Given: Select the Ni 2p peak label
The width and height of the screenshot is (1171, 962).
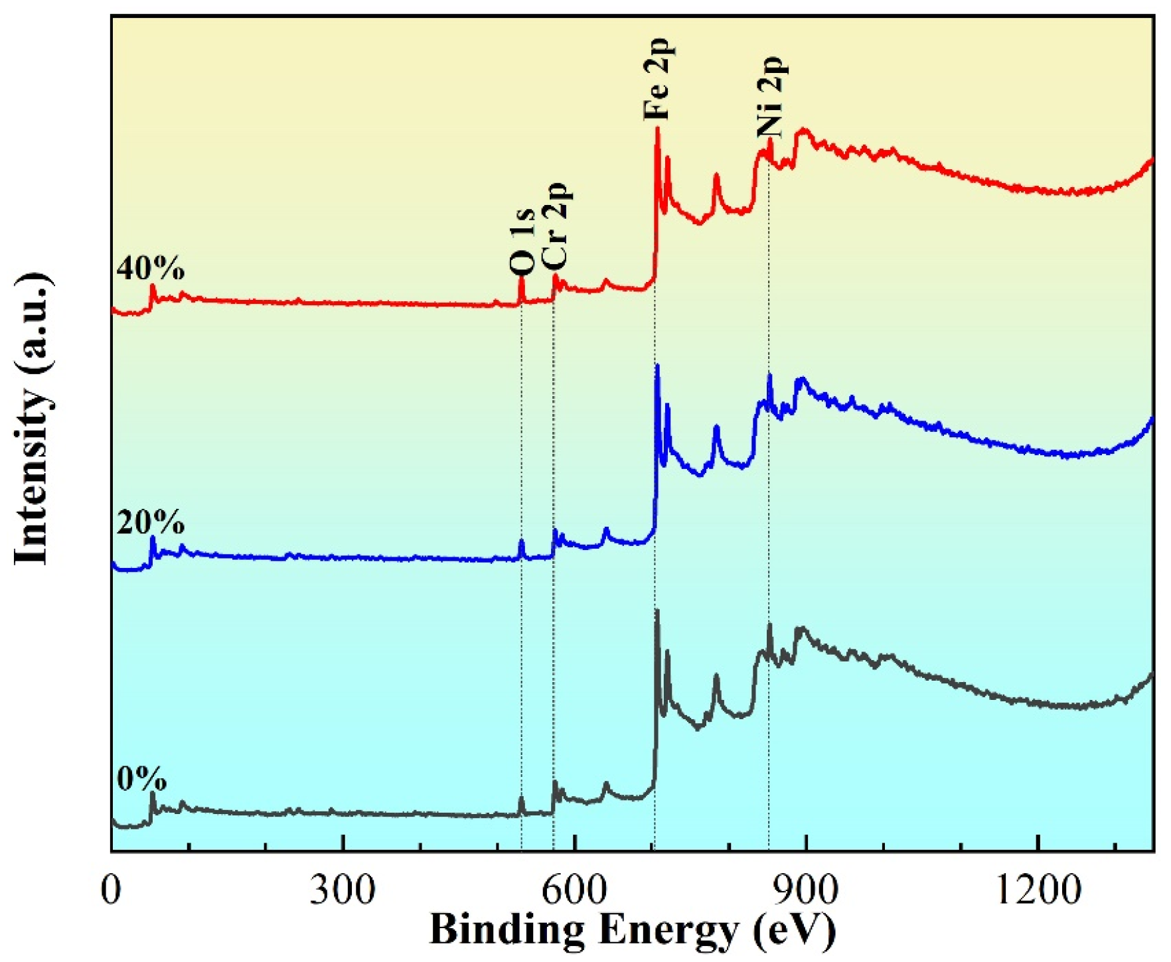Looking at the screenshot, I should click(x=772, y=95).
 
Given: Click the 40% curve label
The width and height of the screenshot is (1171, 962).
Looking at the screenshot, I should click(x=150, y=268).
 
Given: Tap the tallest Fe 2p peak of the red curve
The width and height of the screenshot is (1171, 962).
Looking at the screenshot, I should click(x=657, y=129).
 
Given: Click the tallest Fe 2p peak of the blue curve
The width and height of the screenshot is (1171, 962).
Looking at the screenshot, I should click(x=657, y=367).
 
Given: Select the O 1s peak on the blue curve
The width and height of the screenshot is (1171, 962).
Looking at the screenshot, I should click(x=522, y=543).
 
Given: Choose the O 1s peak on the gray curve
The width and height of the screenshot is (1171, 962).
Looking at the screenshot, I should click(x=522, y=799).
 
